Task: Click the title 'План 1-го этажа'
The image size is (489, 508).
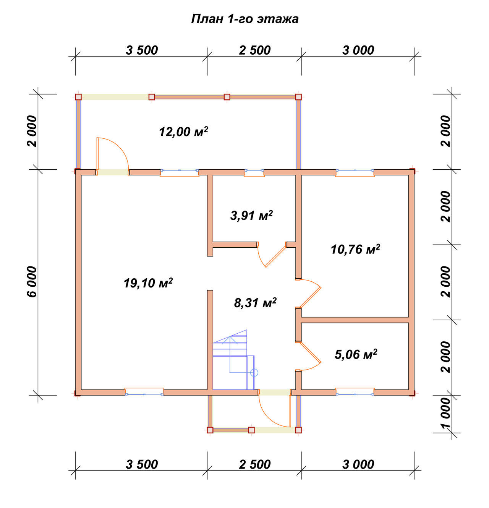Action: pyautogui.click(x=244, y=19)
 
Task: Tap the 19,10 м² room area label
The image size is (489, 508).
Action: pyautogui.click(x=148, y=283)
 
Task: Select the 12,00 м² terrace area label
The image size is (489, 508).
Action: pyautogui.click(x=183, y=131)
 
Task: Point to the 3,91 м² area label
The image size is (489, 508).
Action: pyautogui.click(x=251, y=216)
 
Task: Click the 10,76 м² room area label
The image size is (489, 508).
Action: pyautogui.click(x=355, y=249)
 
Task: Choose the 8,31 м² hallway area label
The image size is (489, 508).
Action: pyautogui.click(x=255, y=303)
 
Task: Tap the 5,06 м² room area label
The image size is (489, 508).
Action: pyautogui.click(x=356, y=354)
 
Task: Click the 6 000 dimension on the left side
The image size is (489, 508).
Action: pyautogui.click(x=32, y=282)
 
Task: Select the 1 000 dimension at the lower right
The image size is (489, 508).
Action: pyautogui.click(x=446, y=414)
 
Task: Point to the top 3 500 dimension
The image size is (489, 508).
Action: pyautogui.click(x=142, y=50)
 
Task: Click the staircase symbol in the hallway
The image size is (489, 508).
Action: pyautogui.click(x=233, y=360)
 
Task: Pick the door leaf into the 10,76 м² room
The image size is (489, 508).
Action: pyautogui.click(x=311, y=298)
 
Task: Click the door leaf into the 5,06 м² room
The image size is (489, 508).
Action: pyautogui.click(x=311, y=352)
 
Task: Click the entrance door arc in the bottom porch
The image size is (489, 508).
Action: pyautogui.click(x=269, y=415)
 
